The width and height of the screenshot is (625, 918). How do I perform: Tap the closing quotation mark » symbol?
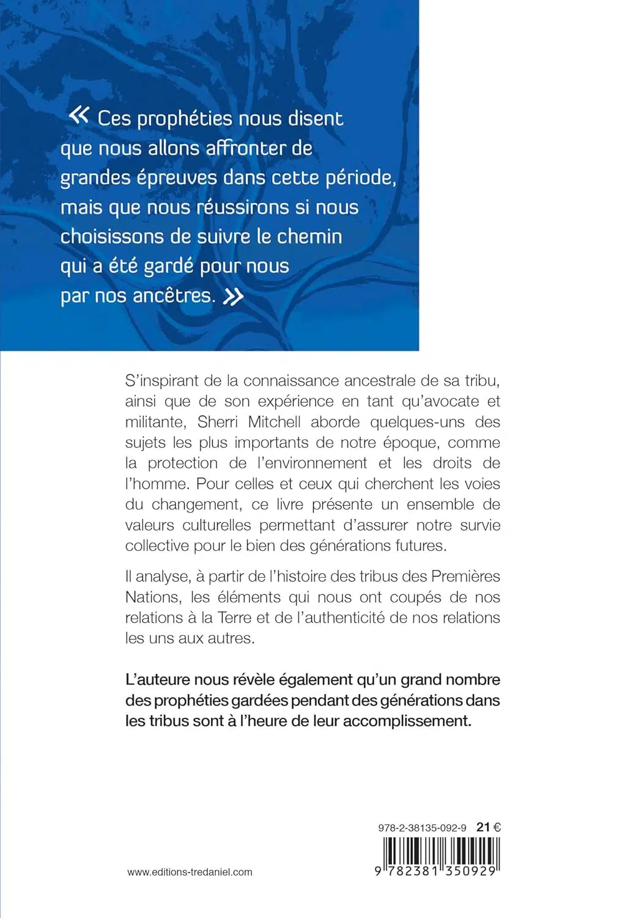pos(233,297)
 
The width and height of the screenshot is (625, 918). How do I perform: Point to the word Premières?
pos(465,576)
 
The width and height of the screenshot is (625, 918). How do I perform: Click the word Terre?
pos(235,618)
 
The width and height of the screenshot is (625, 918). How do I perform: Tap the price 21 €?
pos(489,827)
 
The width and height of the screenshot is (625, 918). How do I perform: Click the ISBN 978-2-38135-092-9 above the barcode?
pos(422,827)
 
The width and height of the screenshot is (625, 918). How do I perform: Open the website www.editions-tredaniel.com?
pos(190,872)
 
